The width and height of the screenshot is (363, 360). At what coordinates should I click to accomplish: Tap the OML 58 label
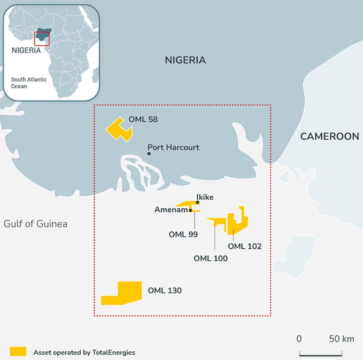click(143, 119)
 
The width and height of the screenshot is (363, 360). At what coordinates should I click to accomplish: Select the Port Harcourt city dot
click(149, 154)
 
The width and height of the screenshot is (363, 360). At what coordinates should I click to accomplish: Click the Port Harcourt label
click(173, 147)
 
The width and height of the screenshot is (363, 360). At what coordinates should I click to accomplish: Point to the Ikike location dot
click(198, 202)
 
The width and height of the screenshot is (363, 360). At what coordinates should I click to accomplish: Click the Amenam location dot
click(191, 210)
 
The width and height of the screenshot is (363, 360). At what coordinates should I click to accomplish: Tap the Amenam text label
click(171, 210)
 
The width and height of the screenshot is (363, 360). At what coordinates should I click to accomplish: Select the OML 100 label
click(211, 258)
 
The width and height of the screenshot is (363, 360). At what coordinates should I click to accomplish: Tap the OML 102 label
click(245, 246)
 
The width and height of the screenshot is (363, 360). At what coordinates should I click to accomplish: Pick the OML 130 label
click(165, 290)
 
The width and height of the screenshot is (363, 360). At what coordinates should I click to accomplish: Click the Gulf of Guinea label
click(35, 224)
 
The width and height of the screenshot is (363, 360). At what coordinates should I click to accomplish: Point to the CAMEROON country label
click(329, 136)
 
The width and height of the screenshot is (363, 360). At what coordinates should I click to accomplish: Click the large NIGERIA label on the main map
click(185, 60)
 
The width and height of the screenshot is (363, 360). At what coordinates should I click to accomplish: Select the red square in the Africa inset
click(42, 39)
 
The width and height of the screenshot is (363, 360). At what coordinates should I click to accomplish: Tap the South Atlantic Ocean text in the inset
click(29, 83)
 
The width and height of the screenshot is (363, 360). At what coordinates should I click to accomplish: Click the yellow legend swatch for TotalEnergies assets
click(18, 351)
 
